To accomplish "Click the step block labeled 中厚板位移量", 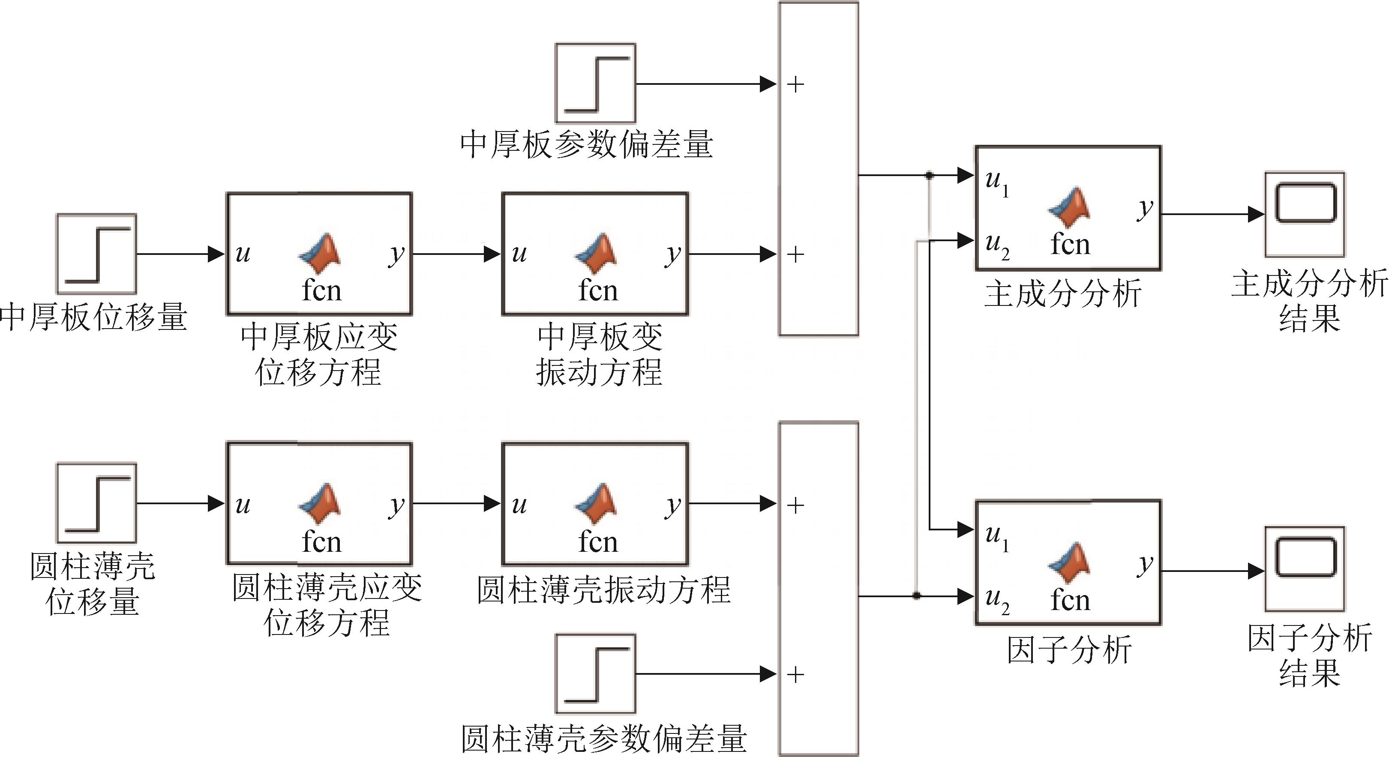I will tap(96, 254).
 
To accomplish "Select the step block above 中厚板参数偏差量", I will tap(595, 84).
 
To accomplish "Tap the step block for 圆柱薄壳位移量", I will tap(96, 503).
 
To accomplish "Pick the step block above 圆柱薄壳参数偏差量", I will tap(595, 673).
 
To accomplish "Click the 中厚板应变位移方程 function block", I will tap(319, 254).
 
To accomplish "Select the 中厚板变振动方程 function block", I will tap(595, 254).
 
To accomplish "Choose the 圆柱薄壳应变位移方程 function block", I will tap(319, 503).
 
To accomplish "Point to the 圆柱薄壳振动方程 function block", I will tap(595, 503).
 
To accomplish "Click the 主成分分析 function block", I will tap(1068, 208).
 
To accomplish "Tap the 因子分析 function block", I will tap(1068, 562).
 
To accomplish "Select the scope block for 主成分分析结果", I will tap(1305, 214).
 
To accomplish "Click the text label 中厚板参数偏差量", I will tap(586, 145).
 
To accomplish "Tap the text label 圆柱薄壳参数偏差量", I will tap(603, 738).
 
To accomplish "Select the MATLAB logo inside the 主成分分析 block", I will tap(1068, 207).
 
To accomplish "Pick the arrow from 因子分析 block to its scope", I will tap(1212, 571).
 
